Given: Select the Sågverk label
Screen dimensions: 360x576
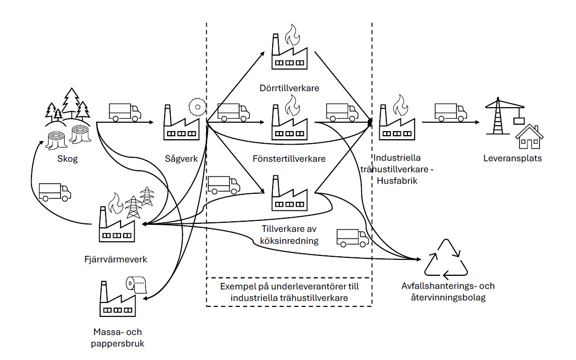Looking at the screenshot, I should click(182, 159).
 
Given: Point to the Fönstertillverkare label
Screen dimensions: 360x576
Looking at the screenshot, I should click(289, 159).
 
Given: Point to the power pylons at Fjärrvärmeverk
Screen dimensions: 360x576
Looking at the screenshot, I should click(140, 202).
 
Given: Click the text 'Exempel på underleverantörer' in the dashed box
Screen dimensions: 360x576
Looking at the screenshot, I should click(289, 287).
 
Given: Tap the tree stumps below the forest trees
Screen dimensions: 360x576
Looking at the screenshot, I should click(68, 137).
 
